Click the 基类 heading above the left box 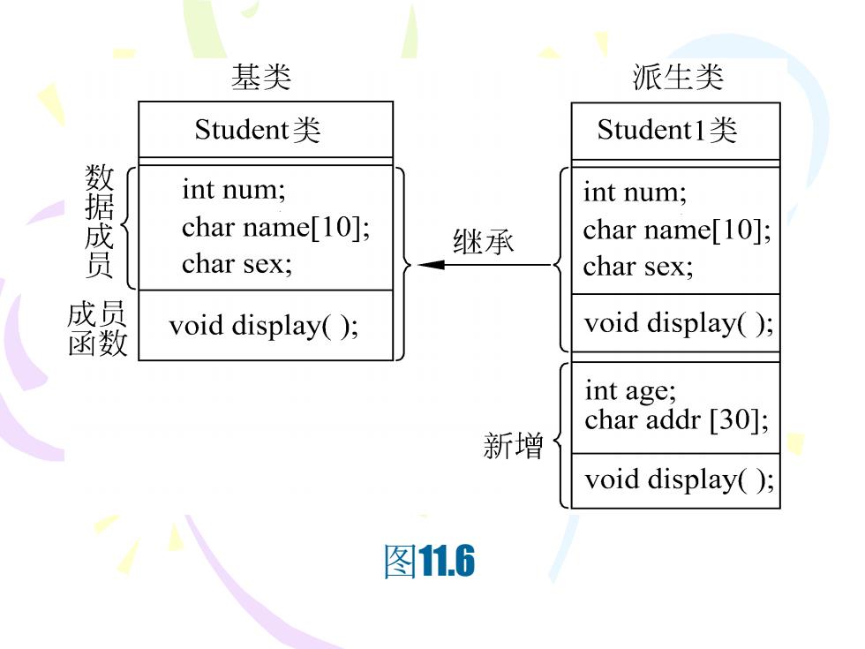pos(261,77)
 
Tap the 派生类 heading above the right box pos(678,77)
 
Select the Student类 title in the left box pos(258,131)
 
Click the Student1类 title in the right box pos(667,131)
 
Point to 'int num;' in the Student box pos(234,190)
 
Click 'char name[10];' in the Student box pos(275,227)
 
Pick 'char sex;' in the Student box pos(237,264)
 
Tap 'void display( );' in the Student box pos(264,326)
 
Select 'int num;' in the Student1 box pos(635,192)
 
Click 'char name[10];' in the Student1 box pos(678,230)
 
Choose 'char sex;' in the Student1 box pos(638,267)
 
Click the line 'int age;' pos(630,391)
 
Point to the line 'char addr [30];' pos(677,420)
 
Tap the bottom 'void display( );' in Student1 pos(680,479)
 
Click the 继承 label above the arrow pos(484,242)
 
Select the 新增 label pos(513,446)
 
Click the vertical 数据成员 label pos(99,221)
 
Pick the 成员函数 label pos(98,328)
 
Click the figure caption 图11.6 pos(429,562)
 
